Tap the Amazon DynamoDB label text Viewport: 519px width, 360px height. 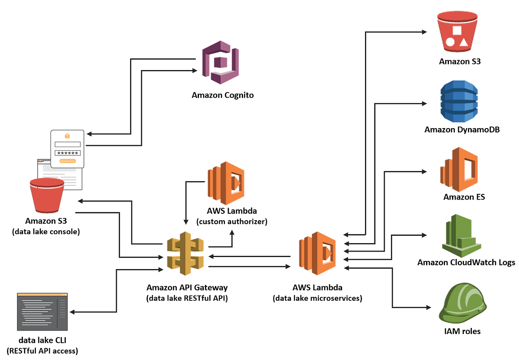462,129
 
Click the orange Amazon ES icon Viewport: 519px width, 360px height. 458,170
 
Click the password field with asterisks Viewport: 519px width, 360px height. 67,152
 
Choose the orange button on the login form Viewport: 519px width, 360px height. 67,161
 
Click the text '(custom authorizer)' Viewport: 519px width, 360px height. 232,222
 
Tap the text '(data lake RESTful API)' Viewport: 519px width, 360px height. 187,298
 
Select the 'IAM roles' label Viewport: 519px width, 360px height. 462,331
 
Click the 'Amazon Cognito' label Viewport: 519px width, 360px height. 223,95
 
